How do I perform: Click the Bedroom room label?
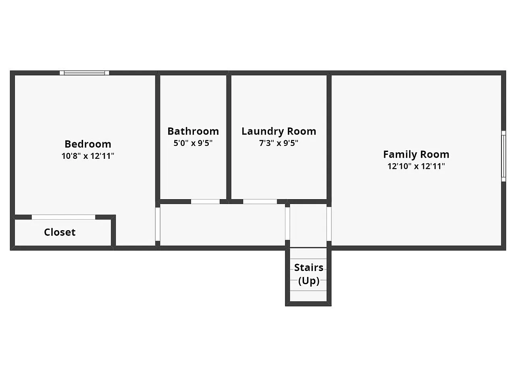(x=88, y=144)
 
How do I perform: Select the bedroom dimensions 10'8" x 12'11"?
(x=88, y=156)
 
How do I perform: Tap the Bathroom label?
(x=193, y=131)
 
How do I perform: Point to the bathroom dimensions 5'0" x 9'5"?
(x=193, y=143)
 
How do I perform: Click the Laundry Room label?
(x=279, y=131)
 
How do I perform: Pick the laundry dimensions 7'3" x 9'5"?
(x=279, y=143)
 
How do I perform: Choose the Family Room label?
(x=416, y=154)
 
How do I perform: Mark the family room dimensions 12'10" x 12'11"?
(x=416, y=166)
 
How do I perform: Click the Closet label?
(x=60, y=232)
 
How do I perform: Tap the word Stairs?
(x=309, y=267)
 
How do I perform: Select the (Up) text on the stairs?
(x=309, y=281)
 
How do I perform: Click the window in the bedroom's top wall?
(x=84, y=73)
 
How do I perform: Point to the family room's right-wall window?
(x=504, y=156)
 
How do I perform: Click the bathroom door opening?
(x=205, y=202)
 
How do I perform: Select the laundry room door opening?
(x=260, y=202)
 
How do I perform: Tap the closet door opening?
(x=63, y=217)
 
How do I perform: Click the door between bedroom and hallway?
(x=158, y=224)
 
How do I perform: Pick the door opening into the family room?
(x=329, y=224)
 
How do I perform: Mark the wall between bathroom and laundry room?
(x=229, y=137)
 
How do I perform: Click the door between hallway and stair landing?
(x=287, y=223)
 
